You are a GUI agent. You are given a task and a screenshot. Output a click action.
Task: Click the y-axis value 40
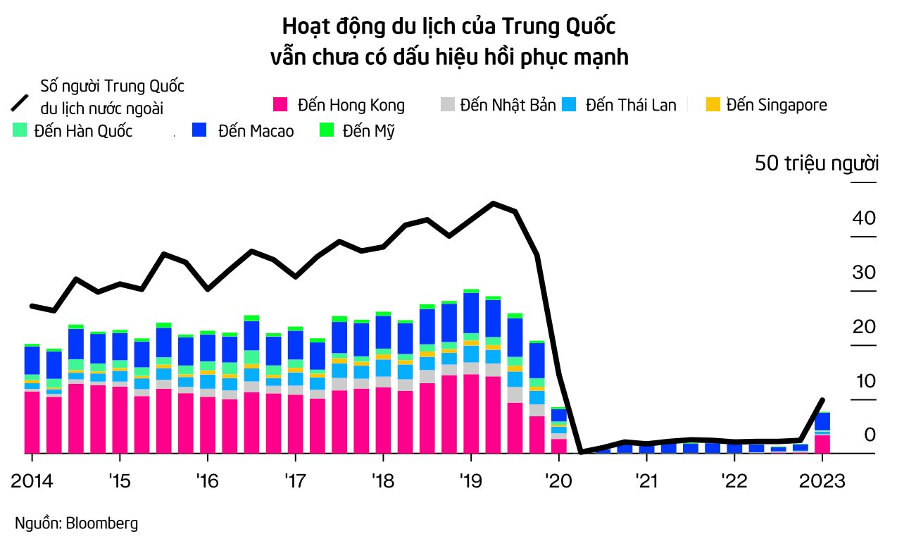coord(863,218)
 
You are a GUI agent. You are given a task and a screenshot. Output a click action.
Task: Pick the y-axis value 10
coord(863,381)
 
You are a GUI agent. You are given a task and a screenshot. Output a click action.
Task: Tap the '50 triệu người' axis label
coord(817,163)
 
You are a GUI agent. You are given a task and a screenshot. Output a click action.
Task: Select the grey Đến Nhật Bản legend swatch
coord(447,105)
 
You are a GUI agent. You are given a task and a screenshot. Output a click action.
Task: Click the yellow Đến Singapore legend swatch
coord(713,105)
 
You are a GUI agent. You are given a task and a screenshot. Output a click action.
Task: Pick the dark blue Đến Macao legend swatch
coord(200,130)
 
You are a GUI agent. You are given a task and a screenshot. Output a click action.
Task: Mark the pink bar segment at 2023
coord(822,444)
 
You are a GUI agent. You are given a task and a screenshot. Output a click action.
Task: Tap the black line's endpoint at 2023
coord(822,400)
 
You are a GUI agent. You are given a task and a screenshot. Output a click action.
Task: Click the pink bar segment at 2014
coord(32,421)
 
